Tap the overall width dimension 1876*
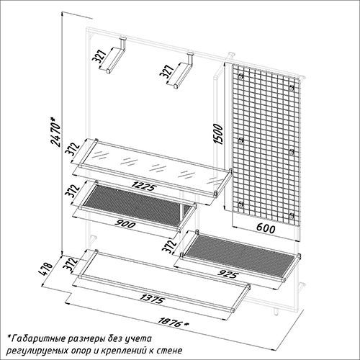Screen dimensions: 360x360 click(x=173, y=322)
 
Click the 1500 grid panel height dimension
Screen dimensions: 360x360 click(x=218, y=134)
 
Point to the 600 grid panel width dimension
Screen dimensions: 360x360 click(x=266, y=228)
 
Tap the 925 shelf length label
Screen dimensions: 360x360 click(x=228, y=274)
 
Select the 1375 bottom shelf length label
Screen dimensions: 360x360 click(x=152, y=299)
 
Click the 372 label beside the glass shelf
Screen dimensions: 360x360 click(x=72, y=149)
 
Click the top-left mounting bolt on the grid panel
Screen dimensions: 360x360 click(x=240, y=77)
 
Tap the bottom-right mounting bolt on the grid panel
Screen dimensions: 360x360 click(x=292, y=215)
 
